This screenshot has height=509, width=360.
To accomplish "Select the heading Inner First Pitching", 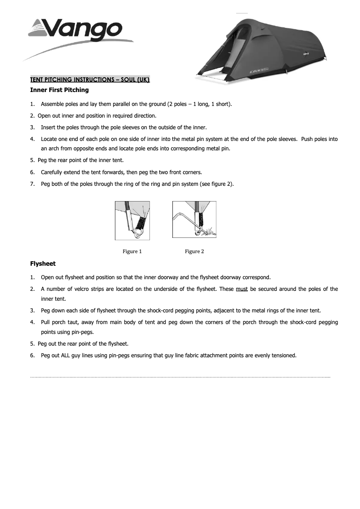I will pyautogui.click(x=59, y=90).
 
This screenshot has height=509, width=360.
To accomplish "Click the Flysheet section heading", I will pyautogui.click(x=43, y=263).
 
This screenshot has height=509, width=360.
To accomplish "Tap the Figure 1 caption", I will pyautogui.click(x=132, y=251).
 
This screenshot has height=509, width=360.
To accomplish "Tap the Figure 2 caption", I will pyautogui.click(x=194, y=251).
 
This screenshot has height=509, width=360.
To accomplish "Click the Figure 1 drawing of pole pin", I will pyautogui.click(x=132, y=220).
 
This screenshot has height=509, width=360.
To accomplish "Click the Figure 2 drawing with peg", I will pyautogui.click(x=194, y=220).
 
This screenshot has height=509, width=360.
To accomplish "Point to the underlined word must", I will pyautogui.click(x=241, y=289).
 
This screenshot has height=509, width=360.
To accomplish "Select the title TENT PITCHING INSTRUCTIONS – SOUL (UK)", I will pyautogui.click(x=90, y=79).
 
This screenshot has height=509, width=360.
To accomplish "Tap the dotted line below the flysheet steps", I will pyautogui.click(x=180, y=377).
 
